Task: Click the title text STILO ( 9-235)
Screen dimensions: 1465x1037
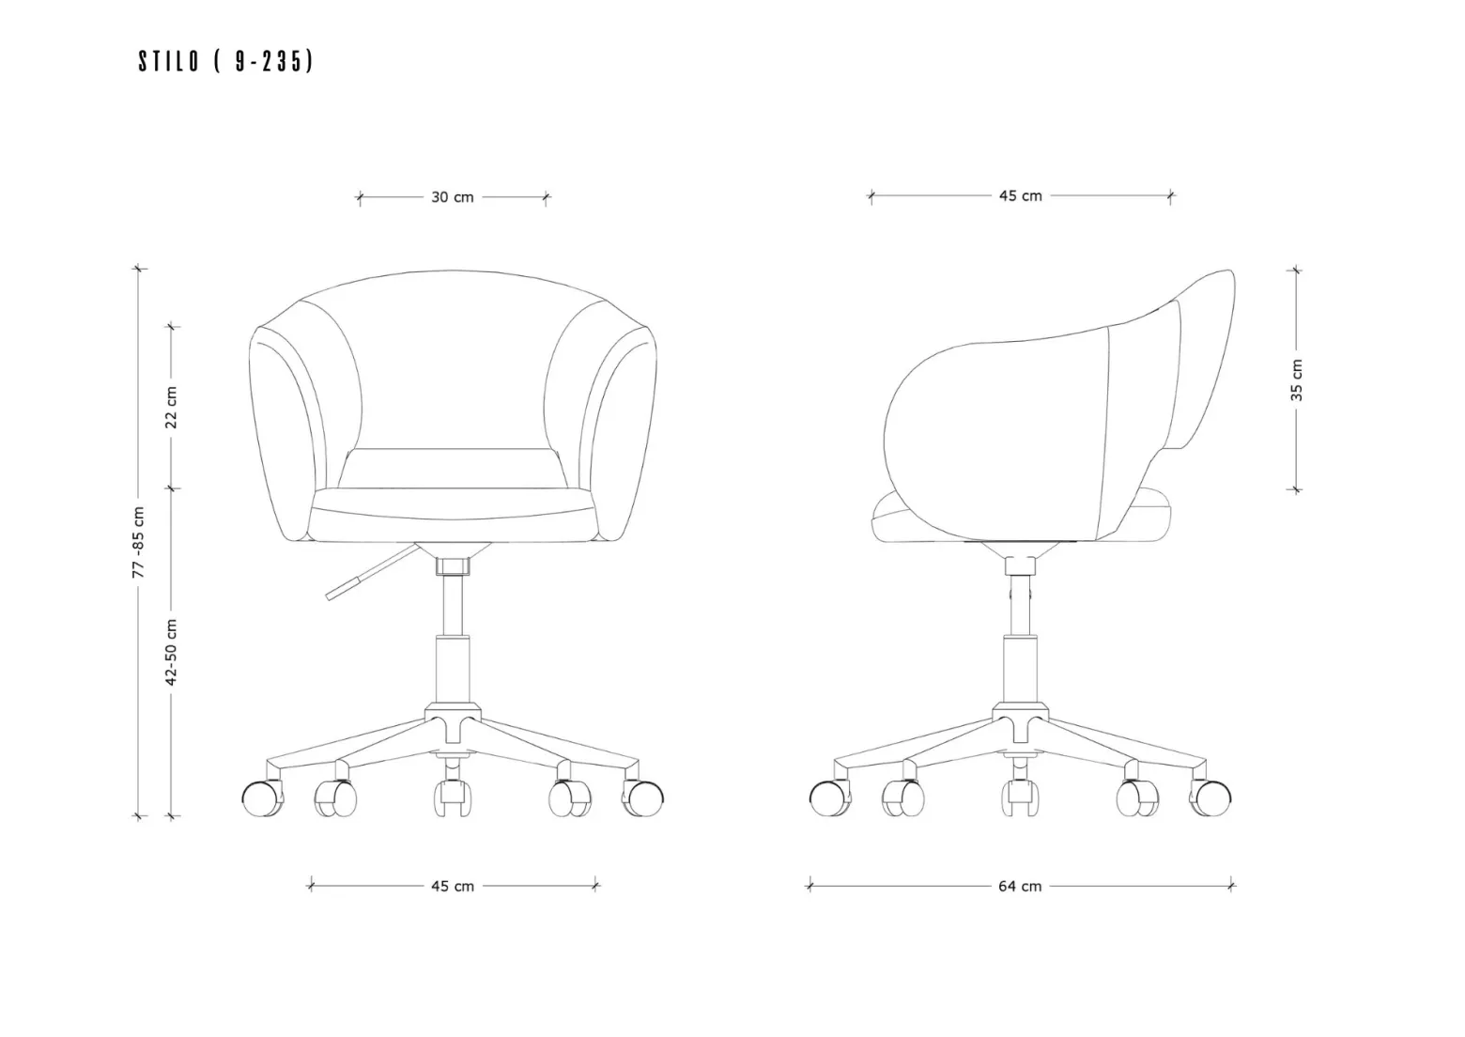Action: click(x=226, y=61)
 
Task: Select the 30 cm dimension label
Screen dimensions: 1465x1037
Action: click(x=452, y=197)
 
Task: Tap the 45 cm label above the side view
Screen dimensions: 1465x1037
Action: click(x=1020, y=195)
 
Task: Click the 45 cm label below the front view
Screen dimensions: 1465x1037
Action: click(x=453, y=886)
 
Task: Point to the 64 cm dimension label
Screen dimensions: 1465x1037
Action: click(x=1020, y=886)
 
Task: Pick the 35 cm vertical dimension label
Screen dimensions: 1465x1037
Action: click(x=1297, y=380)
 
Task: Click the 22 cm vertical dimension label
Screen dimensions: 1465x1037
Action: click(x=171, y=407)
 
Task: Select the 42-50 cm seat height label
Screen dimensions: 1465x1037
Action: click(x=171, y=652)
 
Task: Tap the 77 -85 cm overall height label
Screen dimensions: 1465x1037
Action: click(x=138, y=542)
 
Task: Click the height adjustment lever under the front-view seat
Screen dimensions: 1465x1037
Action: click(x=373, y=572)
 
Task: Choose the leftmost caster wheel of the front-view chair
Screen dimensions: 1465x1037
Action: click(x=263, y=798)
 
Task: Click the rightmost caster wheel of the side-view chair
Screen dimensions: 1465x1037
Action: click(x=1210, y=798)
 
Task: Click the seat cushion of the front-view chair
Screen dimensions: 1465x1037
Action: click(x=453, y=515)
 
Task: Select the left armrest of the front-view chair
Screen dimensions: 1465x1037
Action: click(x=287, y=433)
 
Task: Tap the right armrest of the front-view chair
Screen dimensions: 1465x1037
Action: click(x=618, y=433)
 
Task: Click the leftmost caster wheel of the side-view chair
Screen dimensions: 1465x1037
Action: click(x=830, y=798)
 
